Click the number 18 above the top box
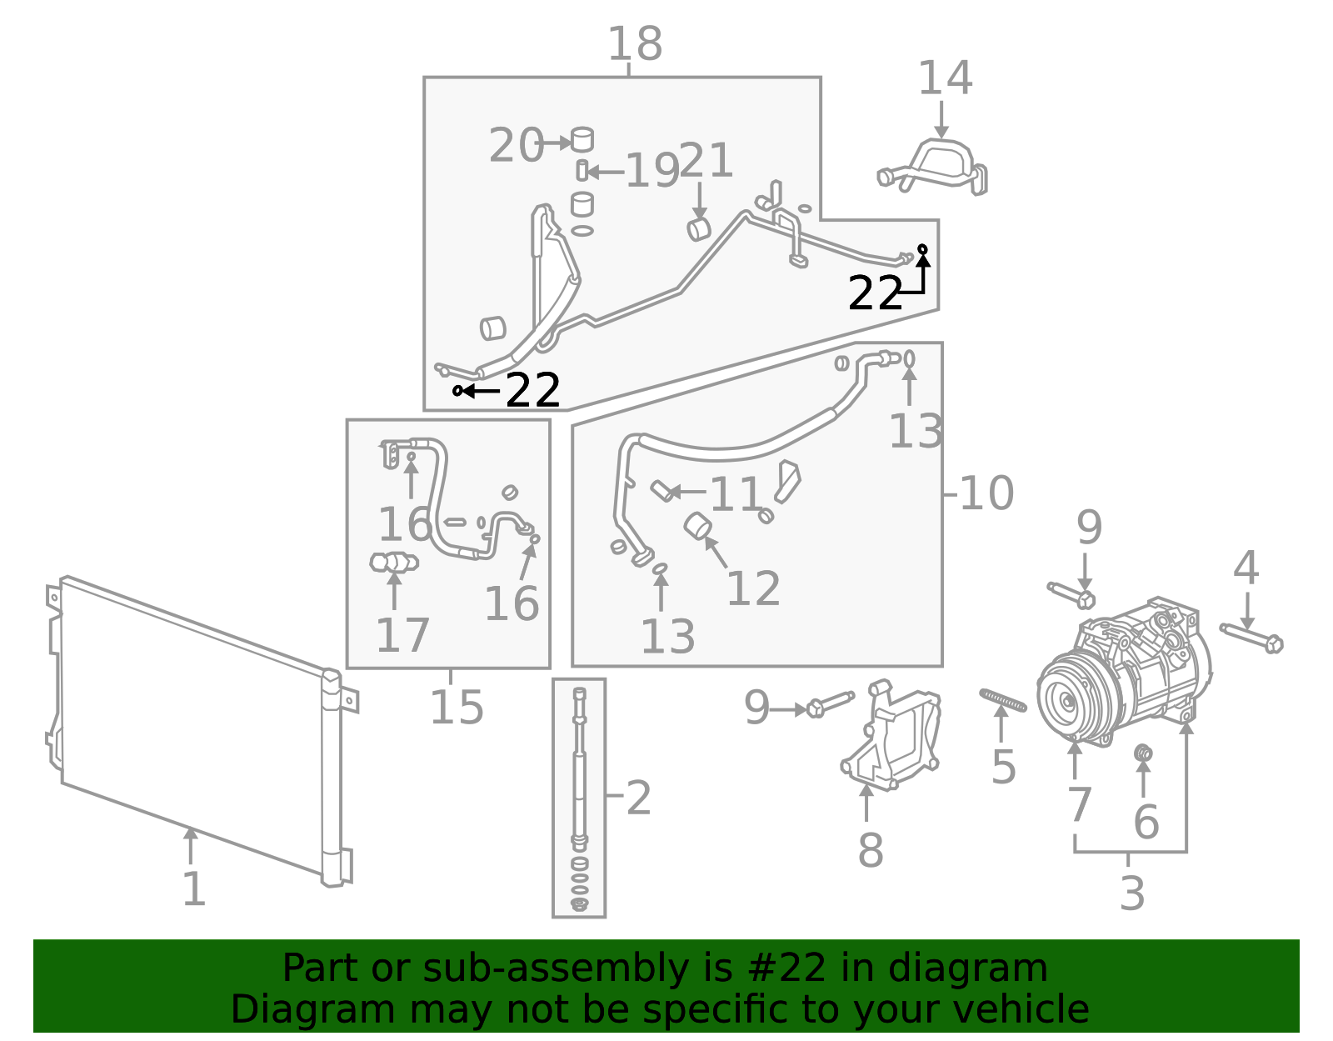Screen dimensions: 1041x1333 point(635,44)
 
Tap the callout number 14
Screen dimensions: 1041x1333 point(945,78)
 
